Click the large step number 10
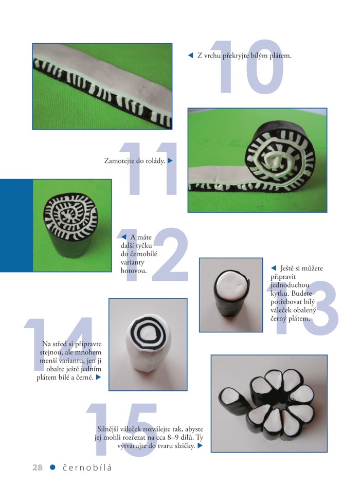click(x=246, y=66)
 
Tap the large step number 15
click(x=123, y=430)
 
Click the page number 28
click(x=38, y=468)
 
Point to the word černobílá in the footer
click(x=87, y=468)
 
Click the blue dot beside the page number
click(x=53, y=468)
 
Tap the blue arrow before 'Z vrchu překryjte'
click(x=190, y=56)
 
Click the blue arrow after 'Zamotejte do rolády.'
click(x=170, y=161)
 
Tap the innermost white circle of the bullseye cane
click(x=147, y=334)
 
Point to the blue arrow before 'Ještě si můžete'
click(x=274, y=268)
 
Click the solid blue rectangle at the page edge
click(x=16, y=225)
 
